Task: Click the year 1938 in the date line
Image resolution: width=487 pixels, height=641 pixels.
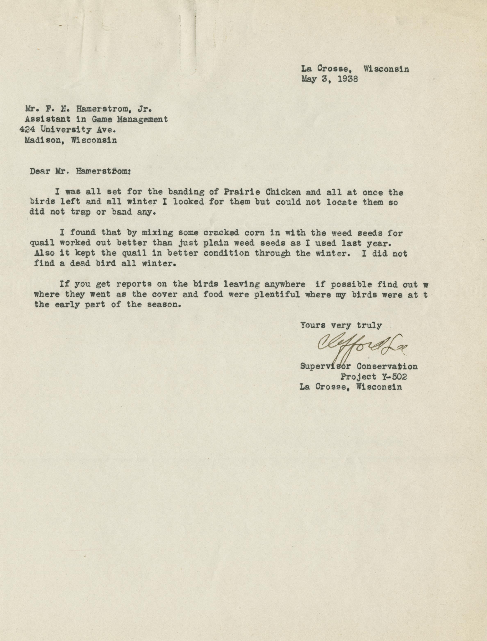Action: [x=348, y=79]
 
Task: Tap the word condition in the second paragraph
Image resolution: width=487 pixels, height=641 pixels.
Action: [x=226, y=253]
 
